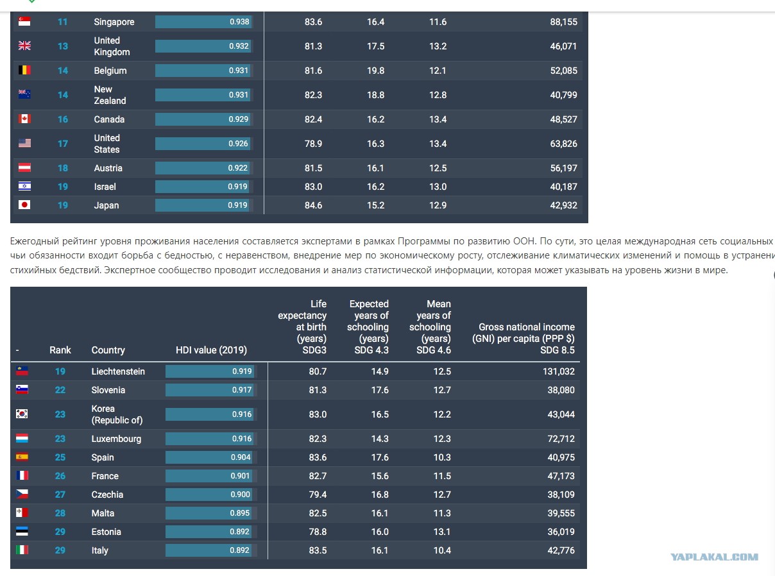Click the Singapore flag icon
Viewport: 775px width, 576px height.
[x=24, y=22]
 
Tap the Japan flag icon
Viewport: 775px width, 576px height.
[x=24, y=205]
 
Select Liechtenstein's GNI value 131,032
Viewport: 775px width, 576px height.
[x=558, y=371]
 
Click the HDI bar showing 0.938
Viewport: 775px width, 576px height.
[x=203, y=22]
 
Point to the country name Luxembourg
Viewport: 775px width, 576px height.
[x=116, y=439]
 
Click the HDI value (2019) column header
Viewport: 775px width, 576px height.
[x=211, y=350]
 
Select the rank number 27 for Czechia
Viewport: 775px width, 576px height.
[x=60, y=495]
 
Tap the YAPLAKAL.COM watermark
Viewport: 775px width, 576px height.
[x=714, y=557]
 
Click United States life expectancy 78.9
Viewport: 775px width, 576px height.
[x=313, y=144]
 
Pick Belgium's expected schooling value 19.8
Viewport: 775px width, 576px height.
[x=375, y=71]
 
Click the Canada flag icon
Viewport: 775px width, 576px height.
[x=24, y=119]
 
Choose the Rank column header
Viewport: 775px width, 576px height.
[x=60, y=350]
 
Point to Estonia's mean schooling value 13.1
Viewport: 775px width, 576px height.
[x=442, y=532]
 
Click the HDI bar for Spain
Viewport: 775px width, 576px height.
[x=209, y=457]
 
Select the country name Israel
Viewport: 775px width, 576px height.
[x=105, y=187]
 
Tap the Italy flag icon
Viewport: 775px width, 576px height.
[x=22, y=550]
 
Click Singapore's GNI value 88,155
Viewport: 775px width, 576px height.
[x=563, y=22]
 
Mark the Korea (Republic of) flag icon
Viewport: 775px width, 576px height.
[x=22, y=414]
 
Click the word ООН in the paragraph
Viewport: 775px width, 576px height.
[x=524, y=241]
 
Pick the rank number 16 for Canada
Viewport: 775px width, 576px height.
[x=62, y=119]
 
